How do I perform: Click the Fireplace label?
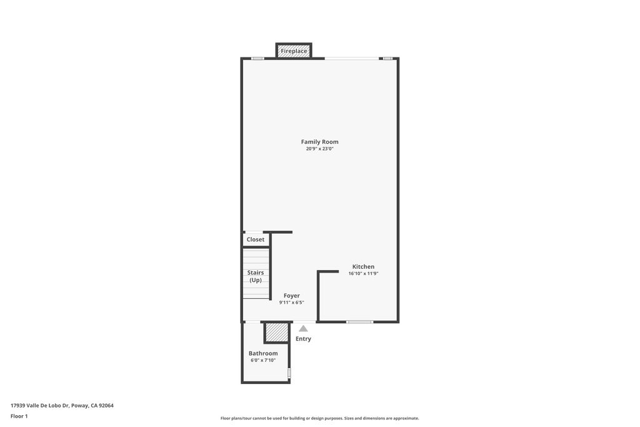[294, 51]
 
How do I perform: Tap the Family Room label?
[319, 142]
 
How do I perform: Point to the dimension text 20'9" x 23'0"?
[319, 149]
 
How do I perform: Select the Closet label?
[255, 239]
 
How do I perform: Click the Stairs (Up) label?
[255, 276]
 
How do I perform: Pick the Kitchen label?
[363, 267]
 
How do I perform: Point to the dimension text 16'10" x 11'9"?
[363, 274]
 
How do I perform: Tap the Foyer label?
[291, 296]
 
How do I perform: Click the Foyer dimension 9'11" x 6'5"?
[291, 303]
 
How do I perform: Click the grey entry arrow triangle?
[303, 328]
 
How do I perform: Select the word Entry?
[303, 339]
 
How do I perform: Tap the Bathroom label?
[263, 353]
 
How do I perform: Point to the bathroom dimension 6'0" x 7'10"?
[263, 360]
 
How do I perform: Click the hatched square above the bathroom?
[276, 332]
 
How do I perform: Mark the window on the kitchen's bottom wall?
[359, 322]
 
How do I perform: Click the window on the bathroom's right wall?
[289, 373]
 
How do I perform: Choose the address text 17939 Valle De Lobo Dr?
[62, 405]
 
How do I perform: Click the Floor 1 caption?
[19, 416]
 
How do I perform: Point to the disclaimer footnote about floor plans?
[319, 418]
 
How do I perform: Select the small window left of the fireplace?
[257, 58]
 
